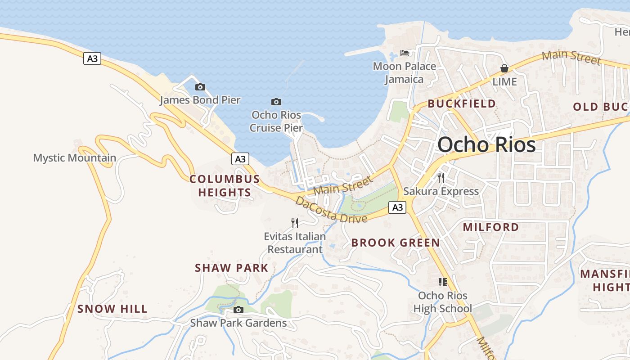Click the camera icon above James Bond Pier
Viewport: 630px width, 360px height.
click(200, 87)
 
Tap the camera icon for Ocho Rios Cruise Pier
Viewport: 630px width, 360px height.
click(276, 102)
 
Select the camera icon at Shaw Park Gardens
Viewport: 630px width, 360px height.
click(238, 310)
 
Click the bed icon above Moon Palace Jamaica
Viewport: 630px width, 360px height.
click(405, 53)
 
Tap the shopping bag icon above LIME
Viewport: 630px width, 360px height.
click(504, 68)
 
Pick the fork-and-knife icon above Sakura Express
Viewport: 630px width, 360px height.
click(441, 177)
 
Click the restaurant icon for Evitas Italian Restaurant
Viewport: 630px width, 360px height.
click(295, 223)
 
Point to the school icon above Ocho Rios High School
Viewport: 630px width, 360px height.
click(443, 282)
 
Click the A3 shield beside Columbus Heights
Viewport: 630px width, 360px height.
click(241, 159)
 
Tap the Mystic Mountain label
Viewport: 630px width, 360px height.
click(75, 158)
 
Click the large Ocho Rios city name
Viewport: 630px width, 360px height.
click(486, 144)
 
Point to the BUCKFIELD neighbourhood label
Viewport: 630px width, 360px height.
click(462, 103)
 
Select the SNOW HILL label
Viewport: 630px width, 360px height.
click(112, 309)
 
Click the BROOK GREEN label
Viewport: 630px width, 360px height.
click(396, 243)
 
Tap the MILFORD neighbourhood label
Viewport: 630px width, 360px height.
click(491, 227)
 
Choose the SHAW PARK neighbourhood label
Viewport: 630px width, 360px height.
click(231, 268)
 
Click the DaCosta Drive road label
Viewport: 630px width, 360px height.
click(331, 210)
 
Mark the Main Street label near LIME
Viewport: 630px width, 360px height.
click(571, 57)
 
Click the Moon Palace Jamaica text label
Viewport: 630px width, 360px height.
click(405, 72)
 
